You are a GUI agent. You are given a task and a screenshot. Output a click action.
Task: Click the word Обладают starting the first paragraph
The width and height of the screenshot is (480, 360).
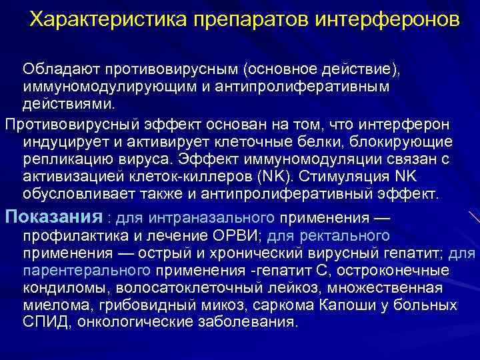click(58, 69)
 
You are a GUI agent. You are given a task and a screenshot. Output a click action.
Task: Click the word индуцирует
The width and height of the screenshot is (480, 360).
click(61, 141)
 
